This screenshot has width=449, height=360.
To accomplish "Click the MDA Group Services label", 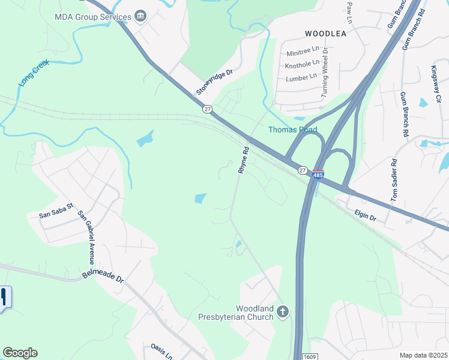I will pos(92,16).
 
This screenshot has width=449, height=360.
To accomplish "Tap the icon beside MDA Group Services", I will pos(140,16).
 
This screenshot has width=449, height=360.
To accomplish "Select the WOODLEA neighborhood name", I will pos(325,34).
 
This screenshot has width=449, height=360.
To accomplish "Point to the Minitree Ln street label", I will pos(303,52).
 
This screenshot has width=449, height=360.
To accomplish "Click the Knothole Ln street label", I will pos(303,64).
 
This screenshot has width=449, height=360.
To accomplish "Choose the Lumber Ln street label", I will pos(301,77).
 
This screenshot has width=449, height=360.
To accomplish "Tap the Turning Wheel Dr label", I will pos(325,72).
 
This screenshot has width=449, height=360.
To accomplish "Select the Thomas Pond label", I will pos(292,130).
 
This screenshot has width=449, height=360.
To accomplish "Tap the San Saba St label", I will pos(56,211).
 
